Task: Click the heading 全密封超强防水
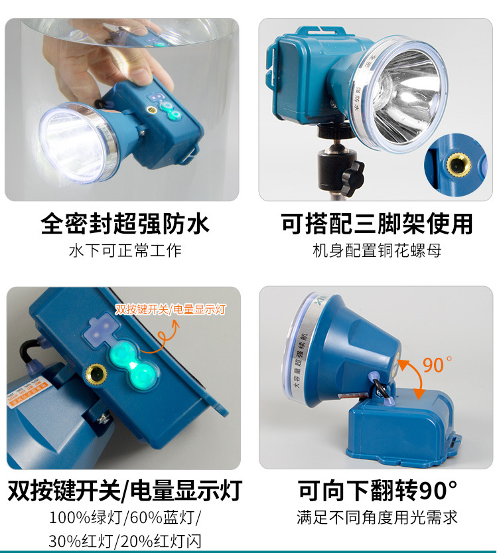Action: pyautogui.click(x=125, y=223)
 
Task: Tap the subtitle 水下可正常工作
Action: pyautogui.click(x=125, y=250)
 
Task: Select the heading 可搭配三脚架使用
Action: pyautogui.click(x=376, y=223)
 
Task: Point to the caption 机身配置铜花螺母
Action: pyautogui.click(x=376, y=250)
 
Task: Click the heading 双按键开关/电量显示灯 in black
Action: pyautogui.click(x=124, y=491)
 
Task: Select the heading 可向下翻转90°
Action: pyautogui.click(x=376, y=491)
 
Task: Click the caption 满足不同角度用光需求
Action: pyautogui.click(x=376, y=516)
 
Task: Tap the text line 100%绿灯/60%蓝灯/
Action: pyautogui.click(x=124, y=517)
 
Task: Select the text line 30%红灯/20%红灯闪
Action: pyautogui.click(x=124, y=540)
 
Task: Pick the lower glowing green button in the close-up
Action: pyautogui.click(x=141, y=378)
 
